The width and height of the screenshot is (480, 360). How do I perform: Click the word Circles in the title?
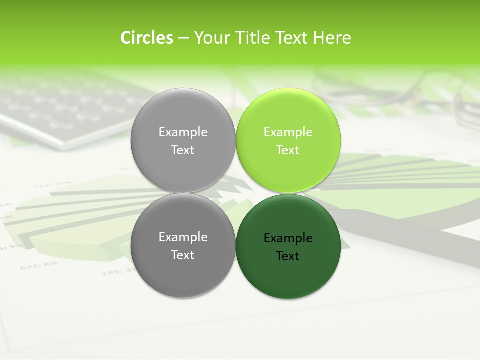[147, 38]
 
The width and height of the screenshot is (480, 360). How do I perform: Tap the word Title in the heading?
[249, 38]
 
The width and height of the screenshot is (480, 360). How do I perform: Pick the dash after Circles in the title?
[183, 38]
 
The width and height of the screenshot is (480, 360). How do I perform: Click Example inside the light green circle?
[288, 132]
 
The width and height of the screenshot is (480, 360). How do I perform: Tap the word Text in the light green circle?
[288, 150]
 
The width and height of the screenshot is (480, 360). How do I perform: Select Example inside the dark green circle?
[288, 238]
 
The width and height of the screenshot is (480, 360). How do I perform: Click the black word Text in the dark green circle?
[288, 256]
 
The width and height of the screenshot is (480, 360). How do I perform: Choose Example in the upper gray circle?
[183, 132]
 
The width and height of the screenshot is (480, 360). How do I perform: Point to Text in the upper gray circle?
[183, 150]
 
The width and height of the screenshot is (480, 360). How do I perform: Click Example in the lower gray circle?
[183, 237]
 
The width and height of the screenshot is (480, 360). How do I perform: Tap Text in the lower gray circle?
[183, 255]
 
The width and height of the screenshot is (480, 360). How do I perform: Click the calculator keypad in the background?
[65, 107]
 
